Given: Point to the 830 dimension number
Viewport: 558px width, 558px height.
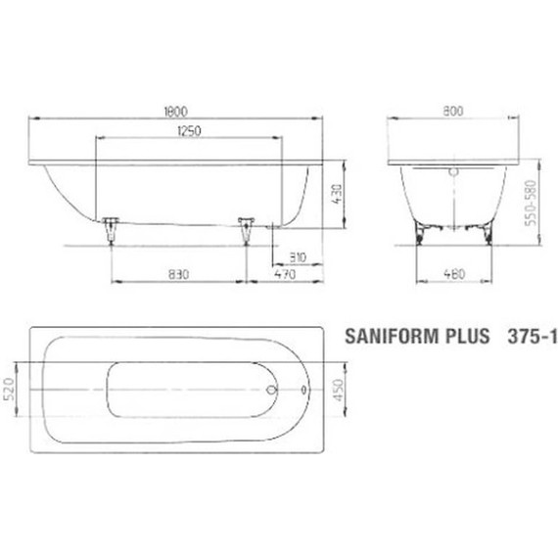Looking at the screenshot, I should click(177, 275).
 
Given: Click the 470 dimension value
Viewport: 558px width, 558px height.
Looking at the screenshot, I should click(284, 275).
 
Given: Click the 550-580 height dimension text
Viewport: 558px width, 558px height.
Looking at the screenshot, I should click(534, 202).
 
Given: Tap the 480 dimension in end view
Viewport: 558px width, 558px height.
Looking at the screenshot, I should click(452, 275).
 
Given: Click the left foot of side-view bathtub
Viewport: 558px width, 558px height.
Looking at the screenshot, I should click(110, 228).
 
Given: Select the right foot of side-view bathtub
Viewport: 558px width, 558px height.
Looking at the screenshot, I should click(246, 228).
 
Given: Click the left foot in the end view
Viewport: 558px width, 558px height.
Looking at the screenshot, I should click(422, 232).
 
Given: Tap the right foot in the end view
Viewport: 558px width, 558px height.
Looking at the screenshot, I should click(483, 232).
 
